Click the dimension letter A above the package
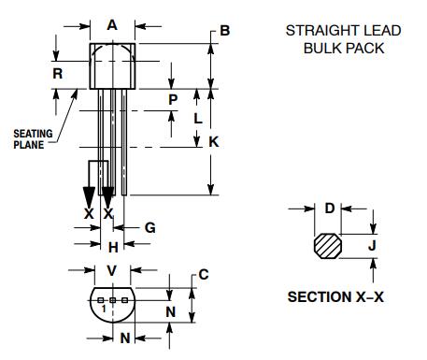(113, 26)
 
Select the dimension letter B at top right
(224, 31)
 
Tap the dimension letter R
(58, 72)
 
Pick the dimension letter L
(196, 119)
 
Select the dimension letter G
(149, 227)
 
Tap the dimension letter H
(113, 247)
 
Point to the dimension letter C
(203, 274)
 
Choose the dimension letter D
(329, 209)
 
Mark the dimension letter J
(371, 246)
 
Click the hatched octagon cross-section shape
(328, 245)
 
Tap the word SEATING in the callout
(32, 134)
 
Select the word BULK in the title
(323, 48)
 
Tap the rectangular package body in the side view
(113, 66)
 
